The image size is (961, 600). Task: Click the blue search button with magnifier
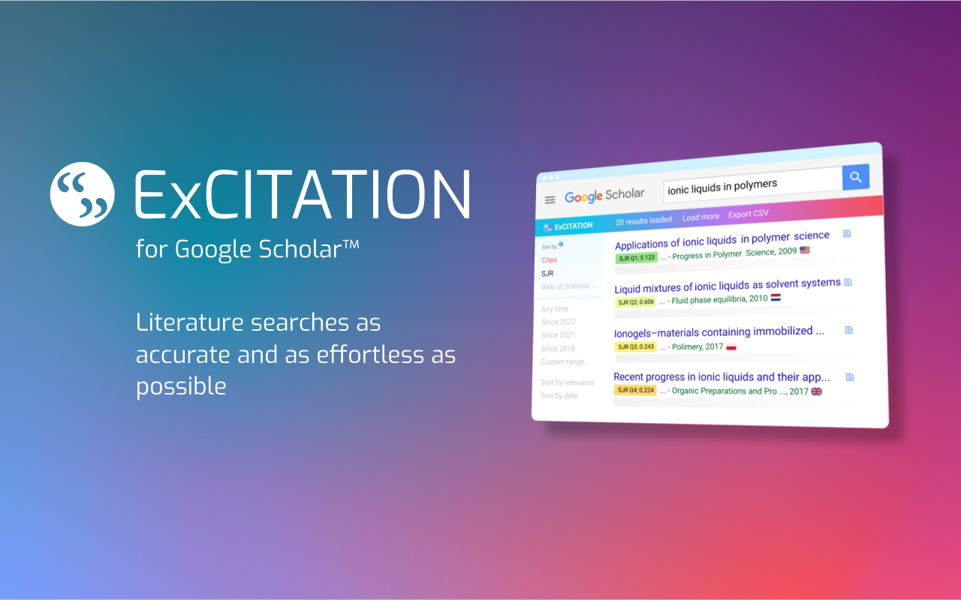855,177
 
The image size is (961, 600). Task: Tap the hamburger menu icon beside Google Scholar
550,199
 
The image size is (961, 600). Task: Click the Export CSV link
748,214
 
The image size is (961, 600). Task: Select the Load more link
700,217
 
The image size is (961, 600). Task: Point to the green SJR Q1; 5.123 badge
636,257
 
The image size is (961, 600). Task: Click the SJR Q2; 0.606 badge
636,301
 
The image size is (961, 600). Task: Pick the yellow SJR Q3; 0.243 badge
635,346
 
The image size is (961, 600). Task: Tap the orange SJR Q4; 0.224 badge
635,390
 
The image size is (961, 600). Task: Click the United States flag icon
805,250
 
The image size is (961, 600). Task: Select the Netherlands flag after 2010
776,297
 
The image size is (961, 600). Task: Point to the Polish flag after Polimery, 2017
731,346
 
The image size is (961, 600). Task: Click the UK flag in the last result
817,391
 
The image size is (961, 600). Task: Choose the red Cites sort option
550,260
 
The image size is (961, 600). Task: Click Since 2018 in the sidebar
558,349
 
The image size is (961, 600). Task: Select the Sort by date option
559,396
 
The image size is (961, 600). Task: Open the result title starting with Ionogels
719,331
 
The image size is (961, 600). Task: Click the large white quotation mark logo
83,193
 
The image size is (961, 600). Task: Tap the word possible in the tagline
181,385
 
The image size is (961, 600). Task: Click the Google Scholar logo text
604,196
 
